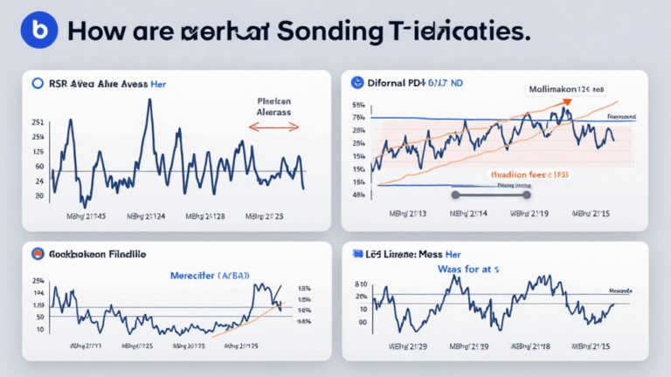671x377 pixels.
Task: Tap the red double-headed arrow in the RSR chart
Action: point(273,127)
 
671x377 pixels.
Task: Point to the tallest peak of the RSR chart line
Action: point(149,100)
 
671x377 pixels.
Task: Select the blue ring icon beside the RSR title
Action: point(37,84)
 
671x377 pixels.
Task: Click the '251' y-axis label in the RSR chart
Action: point(38,122)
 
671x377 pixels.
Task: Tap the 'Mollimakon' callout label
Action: point(564,89)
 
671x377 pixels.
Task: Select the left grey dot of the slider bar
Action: point(455,195)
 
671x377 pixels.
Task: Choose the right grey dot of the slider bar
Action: point(527,195)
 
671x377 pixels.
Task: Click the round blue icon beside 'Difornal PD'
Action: point(356,84)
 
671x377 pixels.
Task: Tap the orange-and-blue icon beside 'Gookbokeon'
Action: point(37,254)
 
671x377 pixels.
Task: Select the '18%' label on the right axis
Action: point(303,288)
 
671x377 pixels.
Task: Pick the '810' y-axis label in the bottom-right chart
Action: point(361,284)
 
